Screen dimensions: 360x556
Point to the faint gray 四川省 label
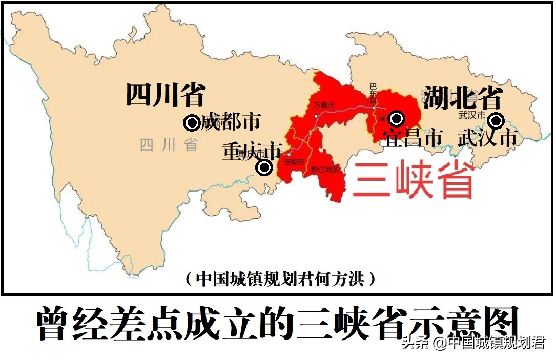[x=169, y=145]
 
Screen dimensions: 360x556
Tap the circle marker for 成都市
[x=192, y=123]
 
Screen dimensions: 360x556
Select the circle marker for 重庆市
[x=264, y=167]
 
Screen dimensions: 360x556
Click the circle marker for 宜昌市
[x=396, y=119]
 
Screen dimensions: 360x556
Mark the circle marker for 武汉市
[x=496, y=121]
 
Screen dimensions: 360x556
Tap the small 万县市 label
[x=324, y=106]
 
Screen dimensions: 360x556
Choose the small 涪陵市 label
[x=294, y=162]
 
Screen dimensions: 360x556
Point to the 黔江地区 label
[x=324, y=170]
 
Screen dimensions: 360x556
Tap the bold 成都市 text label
[x=231, y=122]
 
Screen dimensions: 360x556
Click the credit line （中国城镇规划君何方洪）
[x=280, y=279]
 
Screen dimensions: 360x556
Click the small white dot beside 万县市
[x=316, y=116]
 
